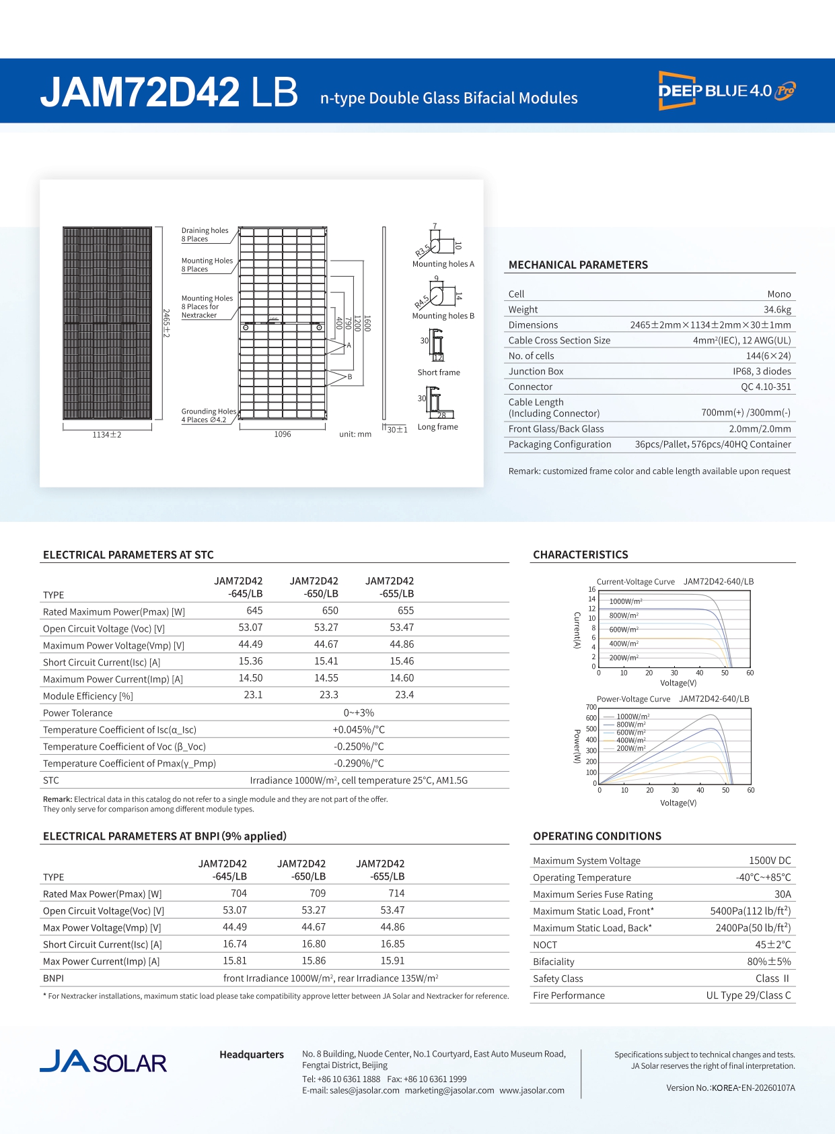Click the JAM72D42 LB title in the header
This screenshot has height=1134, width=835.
(x=169, y=92)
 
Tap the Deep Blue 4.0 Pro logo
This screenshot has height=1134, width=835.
(x=727, y=91)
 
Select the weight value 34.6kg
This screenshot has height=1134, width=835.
(x=777, y=310)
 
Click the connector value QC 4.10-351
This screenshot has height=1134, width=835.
(x=766, y=387)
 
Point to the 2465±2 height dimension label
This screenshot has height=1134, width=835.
(x=166, y=323)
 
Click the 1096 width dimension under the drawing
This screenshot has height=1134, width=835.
(x=283, y=434)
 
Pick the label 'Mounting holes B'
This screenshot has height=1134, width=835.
(x=443, y=316)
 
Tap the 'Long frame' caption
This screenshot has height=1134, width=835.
(x=437, y=427)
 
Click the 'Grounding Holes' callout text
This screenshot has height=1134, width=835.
(x=209, y=411)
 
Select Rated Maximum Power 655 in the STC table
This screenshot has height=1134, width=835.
(x=405, y=611)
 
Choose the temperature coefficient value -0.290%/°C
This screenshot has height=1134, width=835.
(x=359, y=764)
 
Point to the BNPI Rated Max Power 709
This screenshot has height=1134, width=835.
(x=318, y=894)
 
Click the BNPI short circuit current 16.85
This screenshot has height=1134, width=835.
(x=392, y=944)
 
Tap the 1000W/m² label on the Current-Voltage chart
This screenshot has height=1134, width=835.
(x=625, y=601)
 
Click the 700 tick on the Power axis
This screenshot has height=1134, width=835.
(x=591, y=707)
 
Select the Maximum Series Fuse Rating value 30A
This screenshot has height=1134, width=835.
(x=783, y=894)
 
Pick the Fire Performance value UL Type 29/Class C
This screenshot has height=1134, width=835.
(x=748, y=995)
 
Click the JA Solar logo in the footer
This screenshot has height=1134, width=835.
(x=103, y=1061)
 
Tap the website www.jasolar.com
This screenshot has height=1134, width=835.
(x=532, y=1090)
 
